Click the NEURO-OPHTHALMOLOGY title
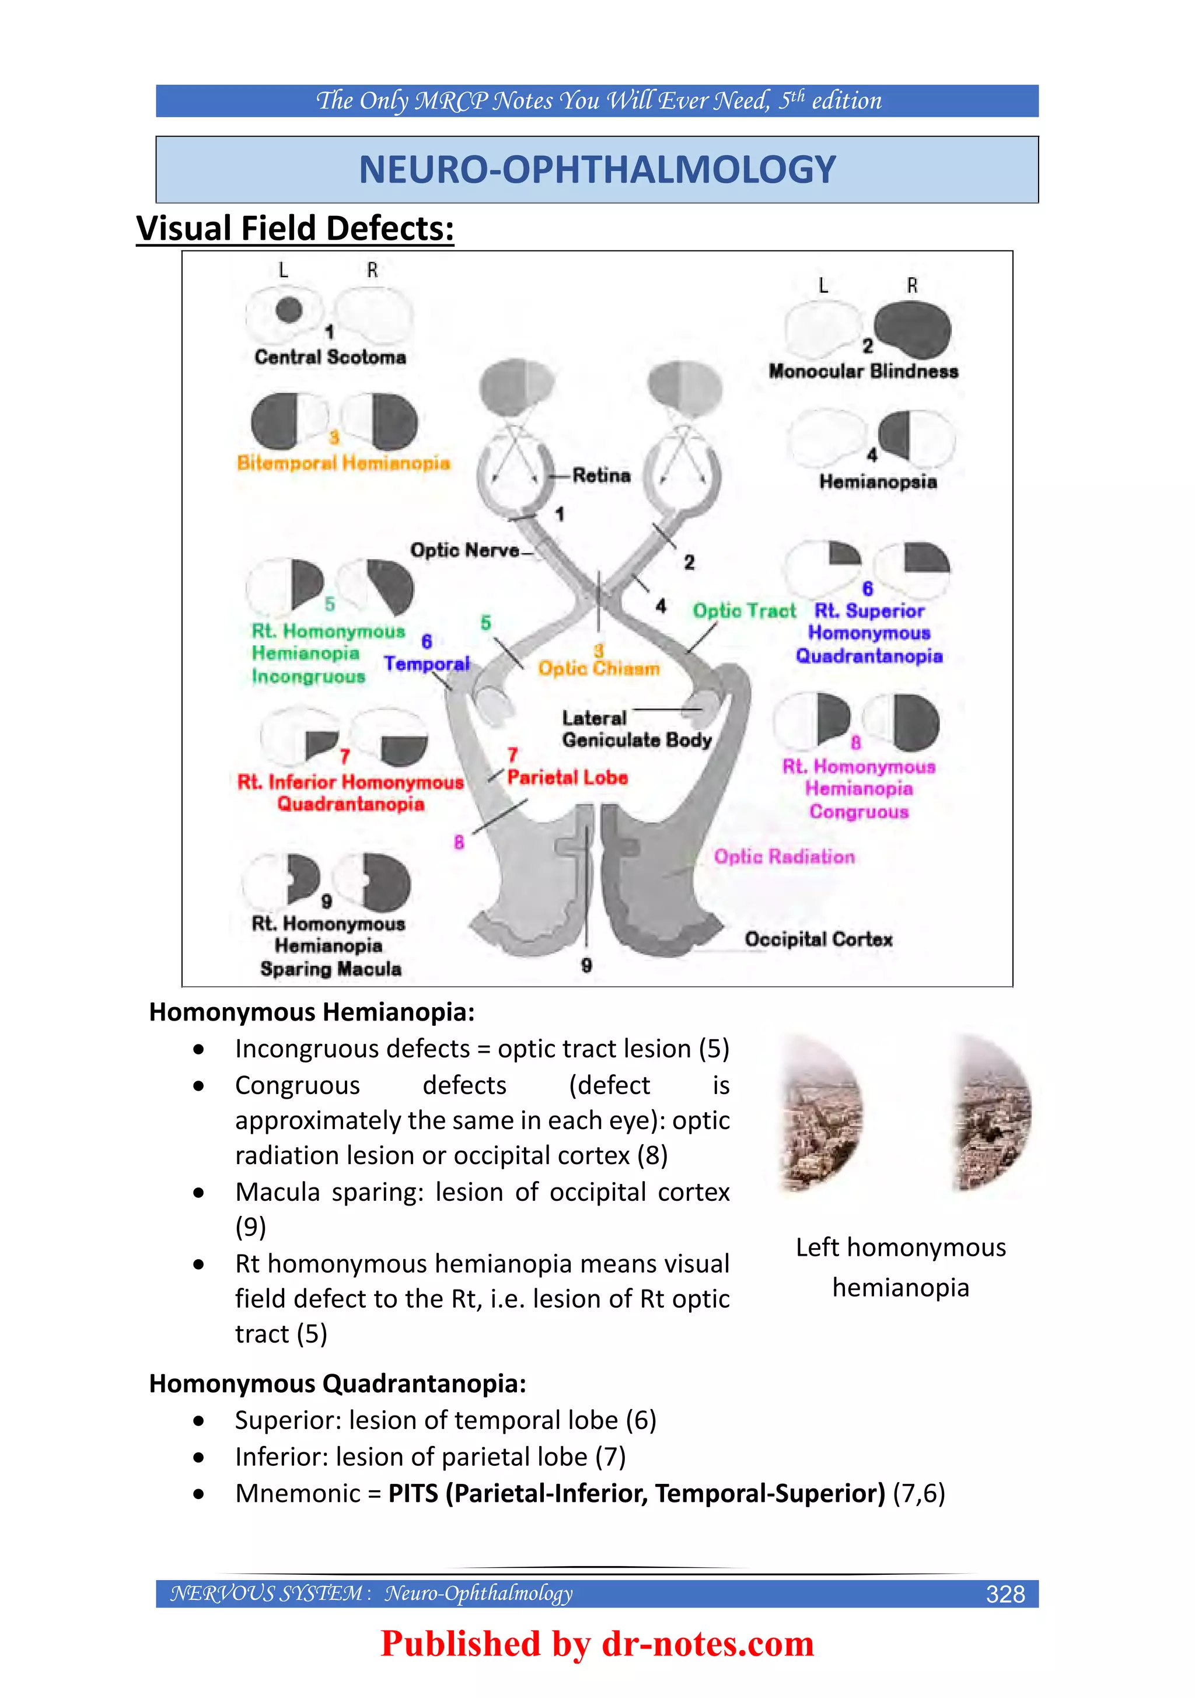(597, 169)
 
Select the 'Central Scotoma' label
(330, 357)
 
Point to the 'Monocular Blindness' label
(863, 371)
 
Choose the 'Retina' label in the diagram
(601, 476)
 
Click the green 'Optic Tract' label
(744, 611)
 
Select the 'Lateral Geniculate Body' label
(636, 729)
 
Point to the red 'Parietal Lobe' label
(567, 777)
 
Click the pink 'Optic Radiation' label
(784, 857)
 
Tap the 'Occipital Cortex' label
(819, 939)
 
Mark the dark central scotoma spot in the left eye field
(289, 310)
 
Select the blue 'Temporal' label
(427, 664)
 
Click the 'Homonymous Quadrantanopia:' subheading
(337, 1383)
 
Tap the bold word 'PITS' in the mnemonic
(414, 1493)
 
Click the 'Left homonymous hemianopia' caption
(901, 1267)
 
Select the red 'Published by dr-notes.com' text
(597, 1643)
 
